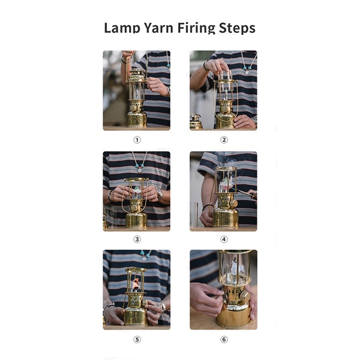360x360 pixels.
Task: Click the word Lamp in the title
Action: click(x=122, y=28)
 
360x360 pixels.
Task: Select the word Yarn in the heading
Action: click(x=158, y=28)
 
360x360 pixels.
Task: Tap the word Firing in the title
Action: click(x=196, y=28)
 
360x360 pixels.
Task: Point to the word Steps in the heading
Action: click(x=237, y=28)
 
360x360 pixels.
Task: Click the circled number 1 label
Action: click(x=137, y=140)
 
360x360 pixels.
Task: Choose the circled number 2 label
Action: click(x=224, y=140)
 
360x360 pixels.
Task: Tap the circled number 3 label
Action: click(x=137, y=239)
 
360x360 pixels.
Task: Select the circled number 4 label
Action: click(x=224, y=239)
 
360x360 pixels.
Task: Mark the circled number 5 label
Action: click(x=137, y=340)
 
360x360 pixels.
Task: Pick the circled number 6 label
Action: click(x=224, y=340)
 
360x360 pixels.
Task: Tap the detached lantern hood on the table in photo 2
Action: click(x=196, y=121)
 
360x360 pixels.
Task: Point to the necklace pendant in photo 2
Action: click(x=247, y=73)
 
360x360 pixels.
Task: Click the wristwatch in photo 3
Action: click(x=160, y=193)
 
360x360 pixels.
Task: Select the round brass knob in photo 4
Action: click(x=234, y=203)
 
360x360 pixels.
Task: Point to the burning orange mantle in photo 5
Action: click(x=136, y=284)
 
